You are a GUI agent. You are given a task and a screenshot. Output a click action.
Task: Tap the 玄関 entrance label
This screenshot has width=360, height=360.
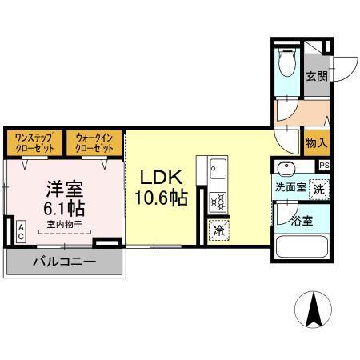(316, 77)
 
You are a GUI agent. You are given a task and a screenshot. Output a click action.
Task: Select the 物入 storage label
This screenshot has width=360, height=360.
(316, 143)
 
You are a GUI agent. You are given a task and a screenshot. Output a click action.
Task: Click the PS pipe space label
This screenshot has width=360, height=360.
(324, 165)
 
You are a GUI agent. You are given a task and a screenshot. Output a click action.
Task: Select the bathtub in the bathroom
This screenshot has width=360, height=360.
(301, 246)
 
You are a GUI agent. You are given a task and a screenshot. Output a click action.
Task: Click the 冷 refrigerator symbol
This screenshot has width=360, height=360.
(219, 230)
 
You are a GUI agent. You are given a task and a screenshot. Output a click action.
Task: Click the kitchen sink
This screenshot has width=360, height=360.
(219, 170)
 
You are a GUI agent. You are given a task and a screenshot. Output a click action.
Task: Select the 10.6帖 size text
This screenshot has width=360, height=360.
(163, 197)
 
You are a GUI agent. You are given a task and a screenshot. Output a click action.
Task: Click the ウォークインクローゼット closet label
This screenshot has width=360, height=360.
(95, 143)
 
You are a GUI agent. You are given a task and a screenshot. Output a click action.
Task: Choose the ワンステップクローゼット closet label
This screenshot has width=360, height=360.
(34, 143)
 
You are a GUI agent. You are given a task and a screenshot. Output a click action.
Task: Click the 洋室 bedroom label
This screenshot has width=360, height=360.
(64, 190)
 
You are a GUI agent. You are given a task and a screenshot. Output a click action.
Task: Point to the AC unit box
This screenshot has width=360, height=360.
(21, 231)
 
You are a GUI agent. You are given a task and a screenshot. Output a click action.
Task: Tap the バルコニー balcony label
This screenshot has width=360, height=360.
(64, 262)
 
